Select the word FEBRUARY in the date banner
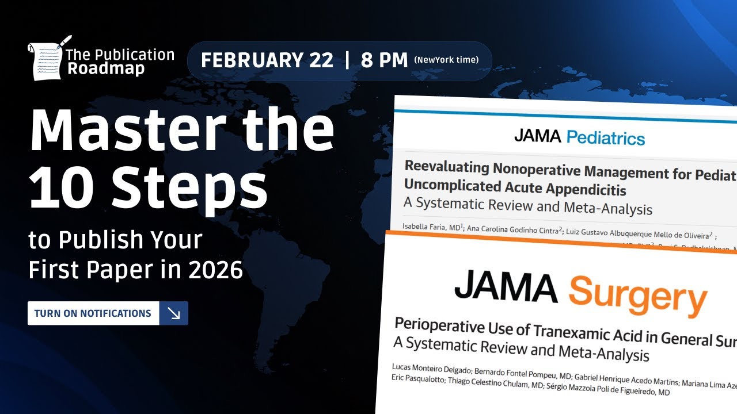(267, 60)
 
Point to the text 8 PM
(384, 60)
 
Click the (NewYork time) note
(446, 60)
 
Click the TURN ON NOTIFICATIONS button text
(93, 313)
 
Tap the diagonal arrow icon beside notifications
(173, 313)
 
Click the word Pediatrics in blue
(605, 138)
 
